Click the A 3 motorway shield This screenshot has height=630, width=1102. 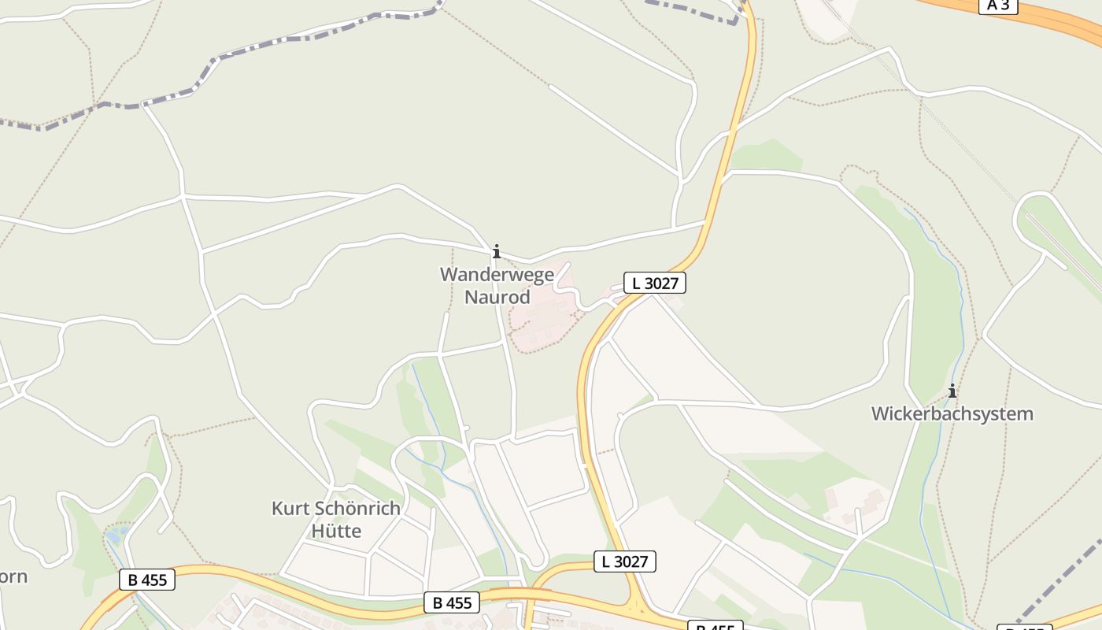998,5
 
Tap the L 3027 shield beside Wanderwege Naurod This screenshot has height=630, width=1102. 655,283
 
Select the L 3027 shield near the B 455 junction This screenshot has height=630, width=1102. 624,561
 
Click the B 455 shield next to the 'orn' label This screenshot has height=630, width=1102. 147,580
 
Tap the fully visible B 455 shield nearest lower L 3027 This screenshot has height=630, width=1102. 451,602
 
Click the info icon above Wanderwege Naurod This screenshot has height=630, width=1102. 496,252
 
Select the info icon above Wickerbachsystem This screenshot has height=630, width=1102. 952,391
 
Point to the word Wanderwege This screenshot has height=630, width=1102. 497,275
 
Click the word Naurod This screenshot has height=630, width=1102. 497,298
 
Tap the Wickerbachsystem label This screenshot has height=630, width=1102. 952,413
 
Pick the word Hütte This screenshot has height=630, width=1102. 336,531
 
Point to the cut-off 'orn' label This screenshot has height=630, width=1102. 13,576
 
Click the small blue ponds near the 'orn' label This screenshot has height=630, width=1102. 116,535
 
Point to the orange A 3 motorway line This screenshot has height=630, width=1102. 1055,20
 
